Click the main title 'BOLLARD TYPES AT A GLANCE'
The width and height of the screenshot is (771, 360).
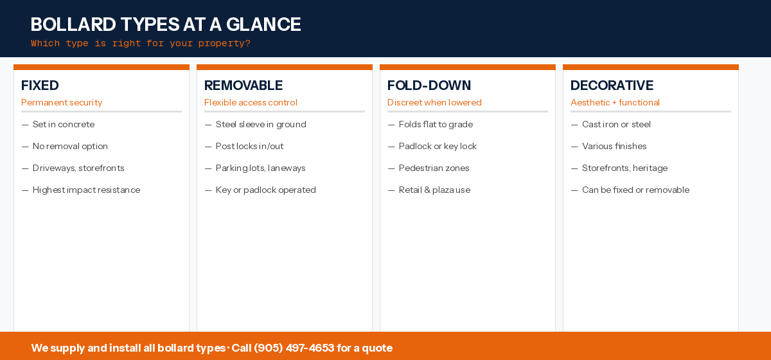[x=166, y=24]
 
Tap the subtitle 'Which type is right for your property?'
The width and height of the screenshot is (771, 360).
[x=140, y=44]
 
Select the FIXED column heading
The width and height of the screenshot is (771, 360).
[x=40, y=85]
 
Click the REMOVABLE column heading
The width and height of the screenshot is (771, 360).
[x=244, y=85]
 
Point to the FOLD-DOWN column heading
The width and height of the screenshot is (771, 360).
[x=429, y=85]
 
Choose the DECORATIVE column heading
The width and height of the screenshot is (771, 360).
[x=612, y=85]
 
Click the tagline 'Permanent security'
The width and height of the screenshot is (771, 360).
[x=62, y=103]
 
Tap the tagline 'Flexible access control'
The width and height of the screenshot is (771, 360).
[x=251, y=103]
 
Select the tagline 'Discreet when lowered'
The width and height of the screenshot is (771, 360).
[x=434, y=103]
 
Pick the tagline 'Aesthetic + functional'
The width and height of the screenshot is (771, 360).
[x=615, y=103]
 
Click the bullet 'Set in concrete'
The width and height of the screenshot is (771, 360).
[x=64, y=125]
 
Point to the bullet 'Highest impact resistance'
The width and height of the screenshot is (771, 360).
[x=86, y=190]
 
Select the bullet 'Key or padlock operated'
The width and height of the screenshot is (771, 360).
[x=265, y=190]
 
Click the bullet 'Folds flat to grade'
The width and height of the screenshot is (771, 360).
[x=436, y=125]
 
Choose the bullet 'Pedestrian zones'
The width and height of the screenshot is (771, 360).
[x=434, y=168]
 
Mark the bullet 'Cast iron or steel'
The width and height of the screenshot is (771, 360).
[x=616, y=125]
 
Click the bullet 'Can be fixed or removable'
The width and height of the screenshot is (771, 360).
[x=635, y=190]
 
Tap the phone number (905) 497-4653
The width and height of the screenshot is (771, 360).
[x=294, y=348]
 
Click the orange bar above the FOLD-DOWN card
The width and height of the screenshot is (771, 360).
[x=468, y=67]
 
